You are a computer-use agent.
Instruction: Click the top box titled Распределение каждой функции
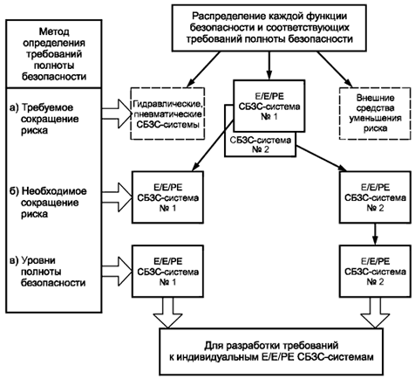pyautogui.click(x=269, y=28)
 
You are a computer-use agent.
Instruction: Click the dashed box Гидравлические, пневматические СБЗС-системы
pyautogui.click(x=167, y=114)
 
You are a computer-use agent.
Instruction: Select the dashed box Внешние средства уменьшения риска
pyautogui.click(x=375, y=113)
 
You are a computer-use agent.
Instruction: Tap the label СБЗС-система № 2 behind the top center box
pyautogui.click(x=260, y=145)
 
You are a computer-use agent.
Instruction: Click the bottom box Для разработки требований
pyautogui.click(x=271, y=351)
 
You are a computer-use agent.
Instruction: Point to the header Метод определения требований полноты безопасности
pyautogui.click(x=54, y=54)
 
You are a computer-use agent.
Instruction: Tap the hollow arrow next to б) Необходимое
pyautogui.click(x=117, y=196)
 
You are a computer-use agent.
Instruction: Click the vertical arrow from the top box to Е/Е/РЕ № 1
pyautogui.click(x=269, y=65)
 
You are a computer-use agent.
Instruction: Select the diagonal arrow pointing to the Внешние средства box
pyautogui.click(x=335, y=70)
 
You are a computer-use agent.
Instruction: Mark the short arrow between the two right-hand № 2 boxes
pyautogui.click(x=375, y=234)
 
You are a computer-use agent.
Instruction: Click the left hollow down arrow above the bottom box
pyautogui.click(x=167, y=313)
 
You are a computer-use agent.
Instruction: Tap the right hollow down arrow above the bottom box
pyautogui.click(x=375, y=313)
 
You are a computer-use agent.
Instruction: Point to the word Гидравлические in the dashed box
pyautogui.click(x=167, y=103)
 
